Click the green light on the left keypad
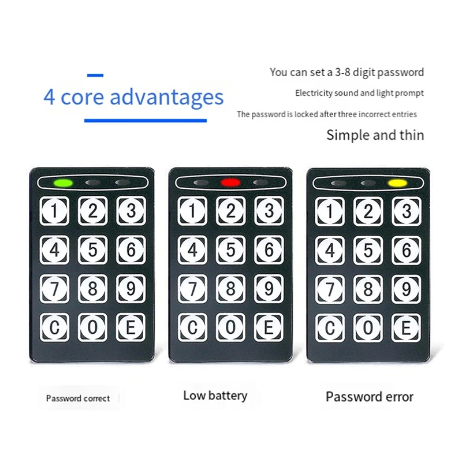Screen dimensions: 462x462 (x=63, y=183)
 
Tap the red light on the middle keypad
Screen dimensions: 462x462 (x=230, y=182)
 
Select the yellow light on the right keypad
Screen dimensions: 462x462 (x=397, y=183)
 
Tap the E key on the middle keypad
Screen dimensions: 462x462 (x=269, y=327)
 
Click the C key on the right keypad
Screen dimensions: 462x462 (x=330, y=327)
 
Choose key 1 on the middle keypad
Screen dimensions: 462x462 (x=192, y=211)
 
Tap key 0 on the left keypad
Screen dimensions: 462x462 (x=92, y=327)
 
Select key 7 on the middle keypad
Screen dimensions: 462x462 (x=192, y=289)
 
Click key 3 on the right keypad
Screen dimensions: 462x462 (x=407, y=211)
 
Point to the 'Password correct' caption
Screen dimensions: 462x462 (x=78, y=398)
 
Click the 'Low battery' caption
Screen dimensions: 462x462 (x=215, y=396)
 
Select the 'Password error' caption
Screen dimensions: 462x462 (x=370, y=397)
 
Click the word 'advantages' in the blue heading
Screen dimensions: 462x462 (x=166, y=96)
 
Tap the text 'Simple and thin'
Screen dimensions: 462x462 (x=375, y=135)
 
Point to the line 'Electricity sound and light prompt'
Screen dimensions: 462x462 (x=359, y=93)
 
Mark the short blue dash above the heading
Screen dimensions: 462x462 (x=95, y=75)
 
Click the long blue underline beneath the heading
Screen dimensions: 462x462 (x=146, y=121)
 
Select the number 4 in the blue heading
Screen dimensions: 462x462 (x=49, y=97)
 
